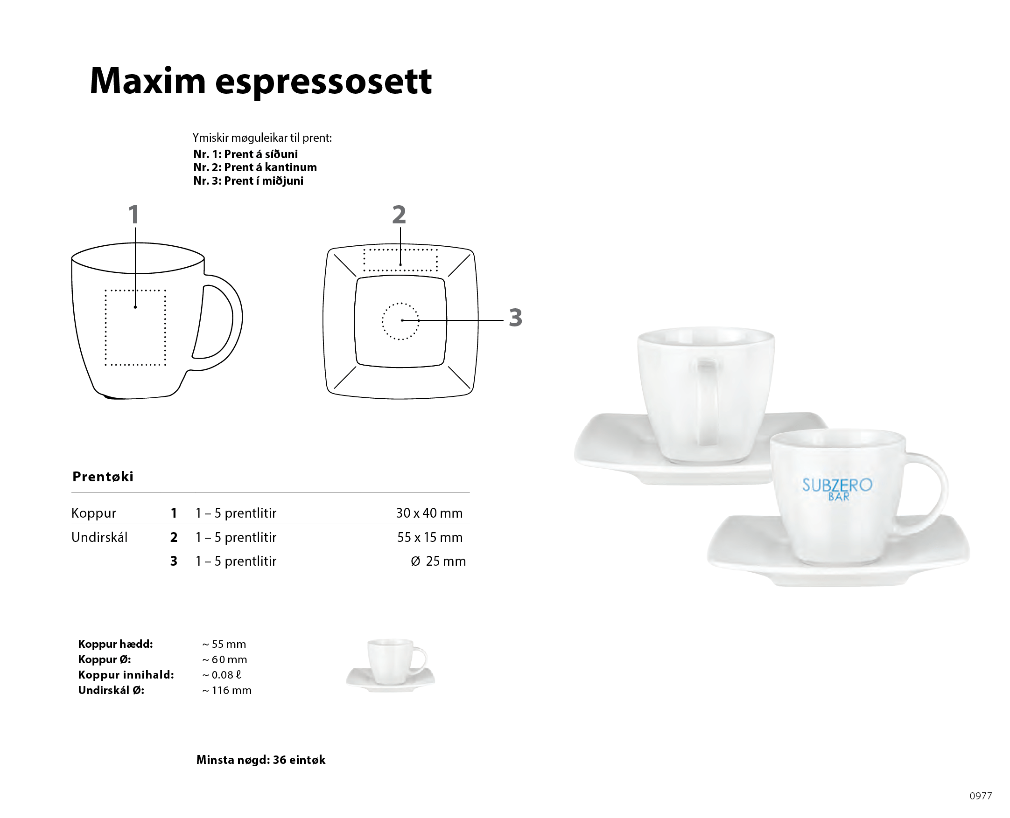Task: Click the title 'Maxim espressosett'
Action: tap(260, 81)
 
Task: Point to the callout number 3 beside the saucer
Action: tap(515, 318)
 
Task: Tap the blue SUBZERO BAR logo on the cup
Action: tap(837, 489)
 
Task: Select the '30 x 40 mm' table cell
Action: tap(429, 513)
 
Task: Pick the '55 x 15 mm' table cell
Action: tap(429, 537)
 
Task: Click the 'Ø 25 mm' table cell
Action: tap(438, 561)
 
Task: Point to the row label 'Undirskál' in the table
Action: tap(99, 537)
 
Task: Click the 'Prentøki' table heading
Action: tap(103, 476)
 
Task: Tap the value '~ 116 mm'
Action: tap(227, 690)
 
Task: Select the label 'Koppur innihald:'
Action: tap(126, 675)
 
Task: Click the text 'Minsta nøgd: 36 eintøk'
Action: tap(261, 760)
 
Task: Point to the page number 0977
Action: tap(981, 796)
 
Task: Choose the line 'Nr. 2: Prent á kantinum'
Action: tap(255, 167)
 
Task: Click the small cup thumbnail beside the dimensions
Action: tap(391, 665)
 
